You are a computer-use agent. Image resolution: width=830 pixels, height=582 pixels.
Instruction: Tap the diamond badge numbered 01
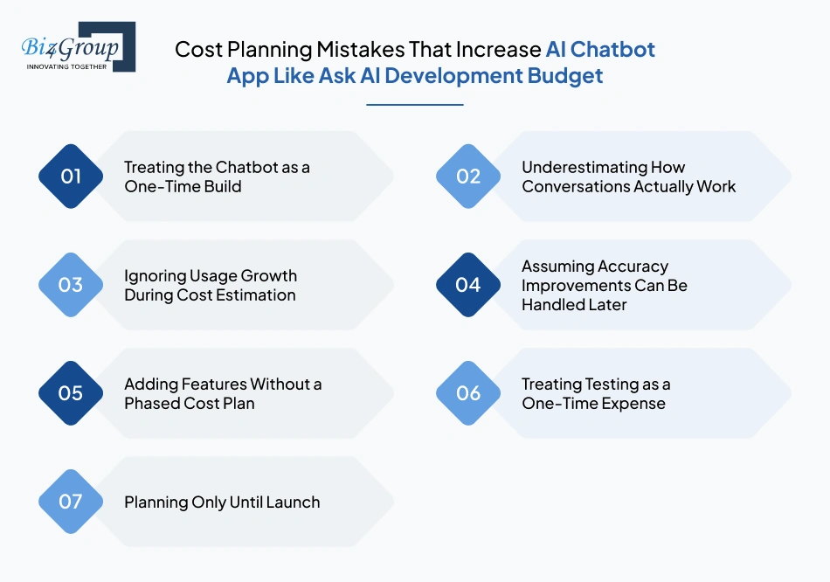point(71,177)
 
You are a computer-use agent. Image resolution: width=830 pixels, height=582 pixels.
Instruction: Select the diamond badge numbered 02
point(468,177)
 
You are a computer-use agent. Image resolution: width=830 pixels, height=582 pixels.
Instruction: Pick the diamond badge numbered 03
point(71,285)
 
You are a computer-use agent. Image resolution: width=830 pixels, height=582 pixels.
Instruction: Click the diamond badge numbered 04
point(468,285)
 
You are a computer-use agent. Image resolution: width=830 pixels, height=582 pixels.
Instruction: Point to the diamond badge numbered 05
point(71,393)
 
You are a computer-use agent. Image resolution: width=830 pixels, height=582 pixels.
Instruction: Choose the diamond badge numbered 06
point(468,393)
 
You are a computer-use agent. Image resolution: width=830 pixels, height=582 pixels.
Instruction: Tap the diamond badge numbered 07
point(71,502)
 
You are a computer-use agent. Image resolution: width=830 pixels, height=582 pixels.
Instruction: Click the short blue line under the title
point(414,105)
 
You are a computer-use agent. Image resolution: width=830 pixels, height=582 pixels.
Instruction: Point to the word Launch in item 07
point(293,502)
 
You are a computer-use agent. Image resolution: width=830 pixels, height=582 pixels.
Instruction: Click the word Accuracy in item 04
point(633,267)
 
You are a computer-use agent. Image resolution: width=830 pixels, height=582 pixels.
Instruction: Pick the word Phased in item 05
point(155,404)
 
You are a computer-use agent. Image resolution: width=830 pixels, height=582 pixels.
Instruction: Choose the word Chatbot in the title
point(612,49)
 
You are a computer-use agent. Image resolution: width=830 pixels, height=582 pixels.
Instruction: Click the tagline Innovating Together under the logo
point(67,66)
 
